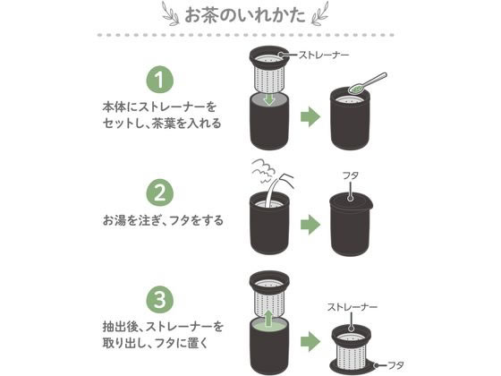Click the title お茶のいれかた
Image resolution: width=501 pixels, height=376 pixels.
point(245,15)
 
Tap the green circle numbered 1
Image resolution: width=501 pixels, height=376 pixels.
point(160,80)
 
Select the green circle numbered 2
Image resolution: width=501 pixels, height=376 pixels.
point(160,192)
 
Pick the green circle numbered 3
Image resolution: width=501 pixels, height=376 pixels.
point(160,300)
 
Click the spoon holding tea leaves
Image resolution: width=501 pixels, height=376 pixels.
point(368,83)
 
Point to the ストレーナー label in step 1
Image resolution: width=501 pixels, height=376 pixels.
point(323,55)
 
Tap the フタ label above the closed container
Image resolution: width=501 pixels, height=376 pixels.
point(351,175)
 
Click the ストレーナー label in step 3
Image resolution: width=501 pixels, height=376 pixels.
point(352,307)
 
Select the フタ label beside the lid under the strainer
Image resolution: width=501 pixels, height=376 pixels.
point(395,365)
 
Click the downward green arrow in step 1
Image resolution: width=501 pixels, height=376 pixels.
point(269,98)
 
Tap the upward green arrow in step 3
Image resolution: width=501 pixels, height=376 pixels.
point(269,317)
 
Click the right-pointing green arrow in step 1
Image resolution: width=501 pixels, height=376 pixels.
point(310,117)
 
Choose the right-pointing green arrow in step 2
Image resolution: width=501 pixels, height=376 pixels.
point(310,225)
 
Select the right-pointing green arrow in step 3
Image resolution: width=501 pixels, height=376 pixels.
point(310,341)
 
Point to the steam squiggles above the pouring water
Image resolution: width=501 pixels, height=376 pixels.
point(264,170)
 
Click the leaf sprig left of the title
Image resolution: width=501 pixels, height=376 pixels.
point(171,13)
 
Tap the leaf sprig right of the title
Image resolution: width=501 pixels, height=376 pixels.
point(319,13)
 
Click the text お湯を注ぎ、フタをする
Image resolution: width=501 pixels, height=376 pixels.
point(163,220)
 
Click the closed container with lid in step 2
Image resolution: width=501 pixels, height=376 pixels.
point(351,225)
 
